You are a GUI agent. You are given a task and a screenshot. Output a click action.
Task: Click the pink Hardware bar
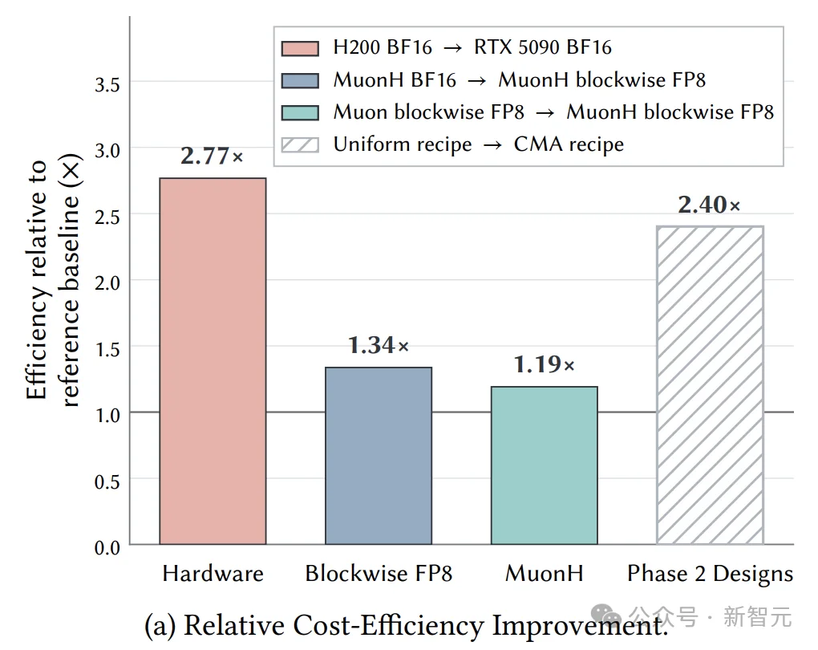click(213, 361)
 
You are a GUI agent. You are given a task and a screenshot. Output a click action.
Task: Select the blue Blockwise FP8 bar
click(379, 456)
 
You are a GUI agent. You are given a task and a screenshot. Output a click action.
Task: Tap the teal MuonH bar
click(544, 465)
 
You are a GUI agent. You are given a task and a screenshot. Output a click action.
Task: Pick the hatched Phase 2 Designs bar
click(710, 385)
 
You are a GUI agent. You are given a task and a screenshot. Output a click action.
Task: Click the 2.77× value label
click(212, 156)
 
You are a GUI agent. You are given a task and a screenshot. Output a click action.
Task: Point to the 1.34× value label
click(379, 345)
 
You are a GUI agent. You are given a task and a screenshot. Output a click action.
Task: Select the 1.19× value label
click(544, 364)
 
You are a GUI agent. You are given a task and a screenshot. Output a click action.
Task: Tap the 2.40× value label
click(710, 204)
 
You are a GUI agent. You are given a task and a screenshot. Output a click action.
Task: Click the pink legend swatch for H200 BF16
click(300, 49)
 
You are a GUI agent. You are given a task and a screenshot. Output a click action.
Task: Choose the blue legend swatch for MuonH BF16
click(300, 81)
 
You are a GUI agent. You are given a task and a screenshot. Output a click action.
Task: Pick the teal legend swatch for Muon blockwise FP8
click(300, 113)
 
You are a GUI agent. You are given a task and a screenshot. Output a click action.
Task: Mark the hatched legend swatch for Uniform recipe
click(300, 144)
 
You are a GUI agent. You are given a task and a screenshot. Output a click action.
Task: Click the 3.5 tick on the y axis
click(107, 84)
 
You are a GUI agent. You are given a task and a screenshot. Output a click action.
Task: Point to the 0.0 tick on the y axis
click(107, 547)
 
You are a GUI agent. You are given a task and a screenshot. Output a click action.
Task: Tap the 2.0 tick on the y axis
click(107, 283)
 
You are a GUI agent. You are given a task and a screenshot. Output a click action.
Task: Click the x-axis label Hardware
click(213, 573)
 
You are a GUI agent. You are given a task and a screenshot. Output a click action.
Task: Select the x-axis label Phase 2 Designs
click(710, 574)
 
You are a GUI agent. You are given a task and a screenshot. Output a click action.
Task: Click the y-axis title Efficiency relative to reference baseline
click(52, 280)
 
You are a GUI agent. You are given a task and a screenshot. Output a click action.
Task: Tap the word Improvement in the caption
click(580, 625)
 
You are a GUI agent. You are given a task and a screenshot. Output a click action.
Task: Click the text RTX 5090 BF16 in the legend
click(543, 47)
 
